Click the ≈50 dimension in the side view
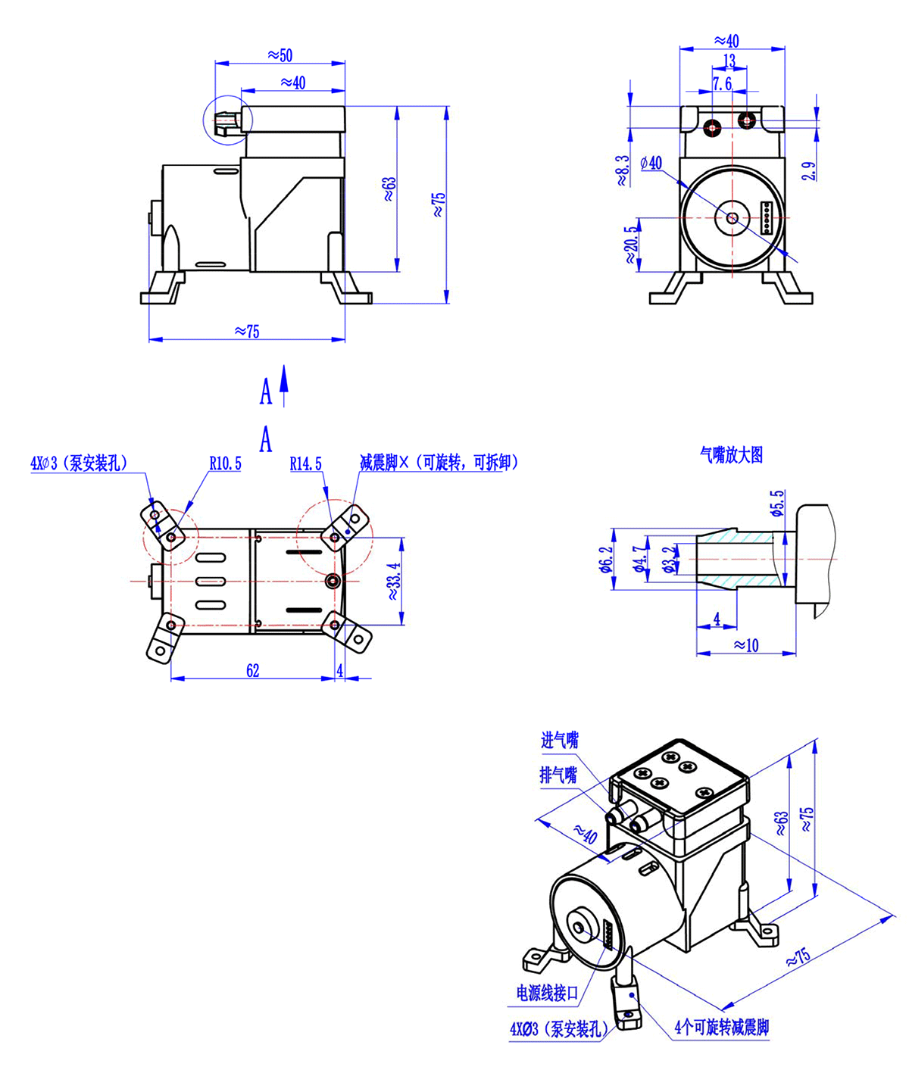coord(280,55)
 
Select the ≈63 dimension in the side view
coord(389,189)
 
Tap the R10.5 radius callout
coord(225,463)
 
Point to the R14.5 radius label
coord(305,463)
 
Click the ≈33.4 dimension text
coord(393,581)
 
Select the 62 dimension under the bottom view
coord(252,670)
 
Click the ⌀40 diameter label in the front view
coord(651,163)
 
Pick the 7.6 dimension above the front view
coord(722,83)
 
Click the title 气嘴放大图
coord(731,454)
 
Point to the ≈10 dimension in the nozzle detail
coord(745,645)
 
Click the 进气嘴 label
coord(559,740)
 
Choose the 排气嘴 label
coord(558,775)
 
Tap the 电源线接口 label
coord(547,993)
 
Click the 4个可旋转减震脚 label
coord(721,1028)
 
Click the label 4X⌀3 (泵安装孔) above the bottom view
coord(79,463)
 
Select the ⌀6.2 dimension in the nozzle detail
coord(604,560)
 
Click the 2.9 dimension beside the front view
coord(809,170)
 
